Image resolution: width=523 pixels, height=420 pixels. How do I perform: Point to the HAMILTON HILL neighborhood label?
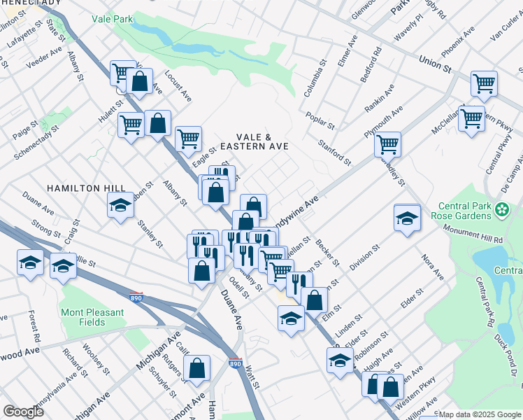[x=86, y=188]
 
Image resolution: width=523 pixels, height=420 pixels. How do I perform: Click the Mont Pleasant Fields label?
[x=92, y=317]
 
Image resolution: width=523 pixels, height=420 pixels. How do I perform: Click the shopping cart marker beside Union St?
[x=483, y=84]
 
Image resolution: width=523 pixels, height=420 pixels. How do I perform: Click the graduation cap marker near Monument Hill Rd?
[x=407, y=217]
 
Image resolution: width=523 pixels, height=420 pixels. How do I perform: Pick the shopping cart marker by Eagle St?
[x=188, y=139]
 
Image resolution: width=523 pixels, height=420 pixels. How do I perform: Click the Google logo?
[x=23, y=412]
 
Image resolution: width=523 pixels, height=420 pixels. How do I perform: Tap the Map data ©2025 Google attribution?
[x=480, y=414]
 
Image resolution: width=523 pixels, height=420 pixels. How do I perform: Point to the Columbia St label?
[x=316, y=81]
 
